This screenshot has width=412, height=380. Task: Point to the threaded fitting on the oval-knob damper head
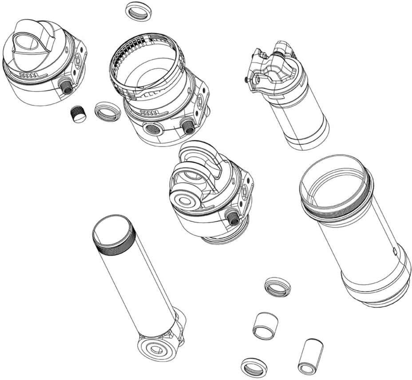(67, 88)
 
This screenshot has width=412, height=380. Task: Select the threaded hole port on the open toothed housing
(152, 130)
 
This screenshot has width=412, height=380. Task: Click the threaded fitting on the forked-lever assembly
(232, 217)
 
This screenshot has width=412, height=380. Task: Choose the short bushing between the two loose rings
(265, 326)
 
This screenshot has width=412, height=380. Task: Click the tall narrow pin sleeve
(310, 356)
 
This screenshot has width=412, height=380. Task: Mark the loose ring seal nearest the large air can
(277, 287)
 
